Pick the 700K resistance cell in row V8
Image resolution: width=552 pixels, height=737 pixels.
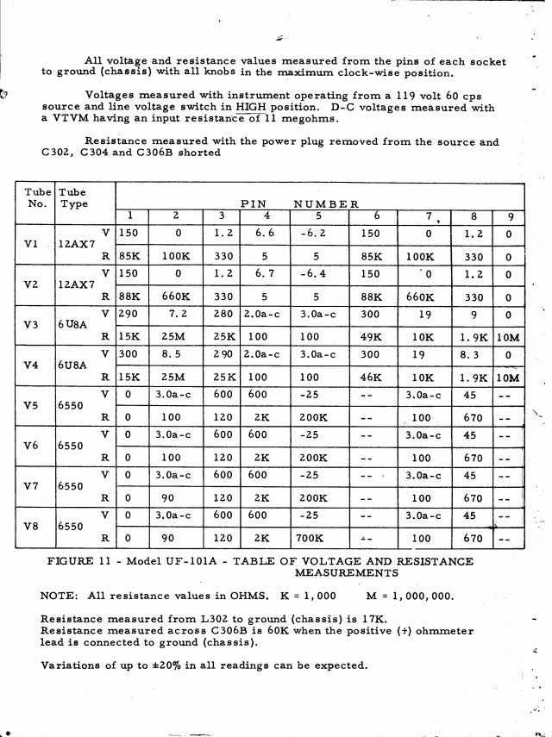[312, 540]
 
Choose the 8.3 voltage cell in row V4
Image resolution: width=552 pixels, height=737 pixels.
[472, 354]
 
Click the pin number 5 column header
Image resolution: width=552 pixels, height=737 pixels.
[317, 215]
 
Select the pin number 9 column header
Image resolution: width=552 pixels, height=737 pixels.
[509, 215]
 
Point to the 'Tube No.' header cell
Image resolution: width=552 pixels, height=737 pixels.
[37, 197]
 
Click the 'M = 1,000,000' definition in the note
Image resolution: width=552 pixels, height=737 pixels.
[401, 596]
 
